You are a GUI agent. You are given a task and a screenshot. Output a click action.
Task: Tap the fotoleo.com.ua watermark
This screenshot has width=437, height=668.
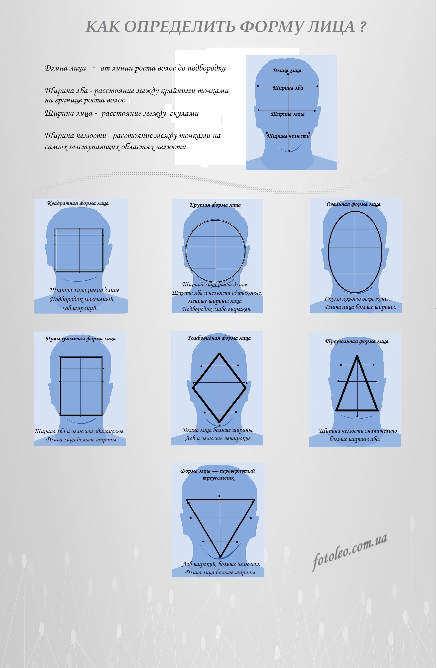click(x=350, y=552)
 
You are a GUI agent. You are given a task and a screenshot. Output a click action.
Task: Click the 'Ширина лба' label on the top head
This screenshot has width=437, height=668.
click(x=288, y=88)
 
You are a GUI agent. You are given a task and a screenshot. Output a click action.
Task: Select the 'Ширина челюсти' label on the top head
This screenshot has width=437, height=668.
click(x=288, y=136)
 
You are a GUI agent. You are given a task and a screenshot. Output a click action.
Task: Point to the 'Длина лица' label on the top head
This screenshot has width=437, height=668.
click(x=287, y=71)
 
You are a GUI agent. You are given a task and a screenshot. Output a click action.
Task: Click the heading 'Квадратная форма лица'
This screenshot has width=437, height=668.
click(x=78, y=203)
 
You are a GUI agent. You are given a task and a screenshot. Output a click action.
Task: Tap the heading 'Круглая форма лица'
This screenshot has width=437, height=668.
click(x=215, y=205)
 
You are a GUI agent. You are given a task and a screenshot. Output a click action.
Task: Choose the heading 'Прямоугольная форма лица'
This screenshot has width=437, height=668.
click(x=81, y=339)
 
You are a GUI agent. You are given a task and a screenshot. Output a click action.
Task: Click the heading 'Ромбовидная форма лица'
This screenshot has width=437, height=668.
click(x=219, y=338)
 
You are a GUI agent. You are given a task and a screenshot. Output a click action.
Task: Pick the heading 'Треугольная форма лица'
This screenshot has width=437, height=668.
click(x=356, y=341)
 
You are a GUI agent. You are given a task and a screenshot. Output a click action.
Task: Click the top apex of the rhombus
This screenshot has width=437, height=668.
click(x=219, y=354)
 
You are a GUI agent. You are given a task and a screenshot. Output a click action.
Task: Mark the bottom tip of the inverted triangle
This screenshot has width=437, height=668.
click(x=220, y=556)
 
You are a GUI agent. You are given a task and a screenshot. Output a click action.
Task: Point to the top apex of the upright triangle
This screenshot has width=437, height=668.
click(x=357, y=356)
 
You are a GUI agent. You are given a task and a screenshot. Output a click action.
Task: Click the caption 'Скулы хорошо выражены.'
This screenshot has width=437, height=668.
click(x=357, y=299)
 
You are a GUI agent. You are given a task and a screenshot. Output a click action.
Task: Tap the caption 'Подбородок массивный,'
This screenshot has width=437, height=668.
click(x=82, y=299)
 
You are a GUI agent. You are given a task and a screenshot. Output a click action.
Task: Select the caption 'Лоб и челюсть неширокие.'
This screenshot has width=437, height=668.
click(x=218, y=438)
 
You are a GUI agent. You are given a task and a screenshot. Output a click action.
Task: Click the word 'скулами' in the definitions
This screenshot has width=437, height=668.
click(x=184, y=114)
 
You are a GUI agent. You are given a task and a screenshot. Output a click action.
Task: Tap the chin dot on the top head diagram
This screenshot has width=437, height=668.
click(x=289, y=151)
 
